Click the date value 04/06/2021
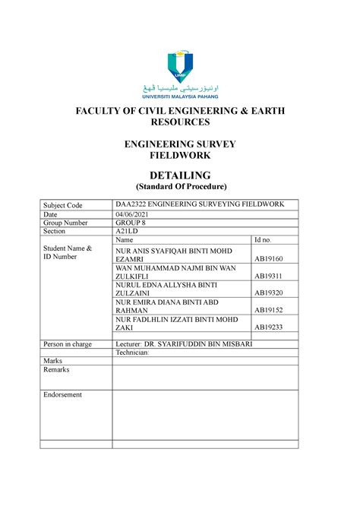133,216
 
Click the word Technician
133,353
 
